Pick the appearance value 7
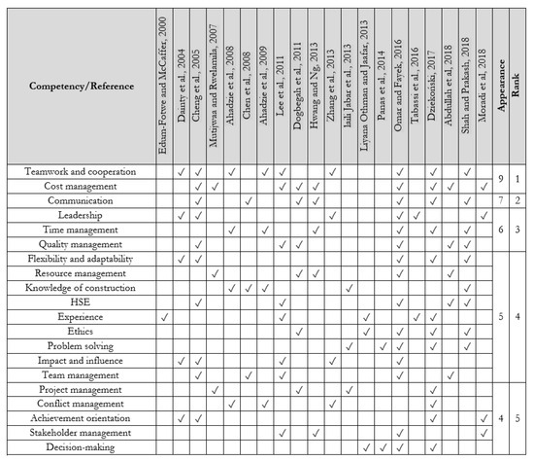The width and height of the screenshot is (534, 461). click(x=502, y=199)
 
